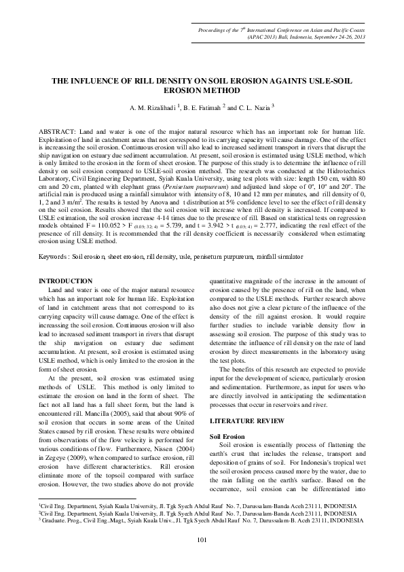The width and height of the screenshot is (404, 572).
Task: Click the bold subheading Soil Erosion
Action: (x=228, y=416)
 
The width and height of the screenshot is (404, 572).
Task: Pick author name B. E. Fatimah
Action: (x=204, y=107)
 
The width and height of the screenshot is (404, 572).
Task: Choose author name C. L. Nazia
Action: (x=256, y=107)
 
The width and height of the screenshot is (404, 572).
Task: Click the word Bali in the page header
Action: (x=255, y=38)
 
